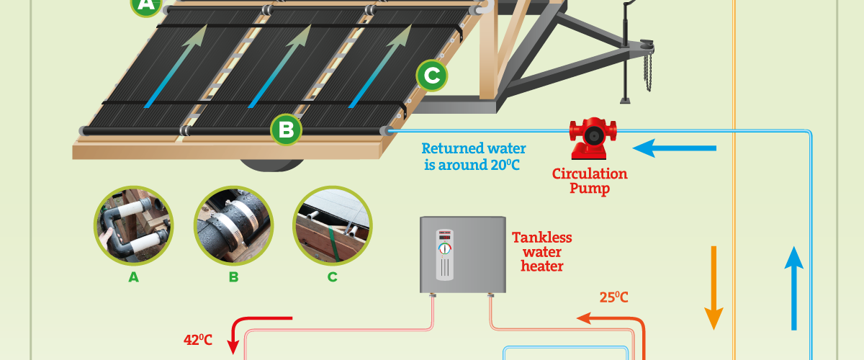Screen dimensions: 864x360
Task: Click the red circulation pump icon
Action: tap(593, 138)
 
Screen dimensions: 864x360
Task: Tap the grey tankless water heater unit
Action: tap(463, 255)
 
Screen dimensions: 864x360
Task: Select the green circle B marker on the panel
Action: tap(287, 130)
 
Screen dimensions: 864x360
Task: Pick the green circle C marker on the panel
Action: tap(432, 76)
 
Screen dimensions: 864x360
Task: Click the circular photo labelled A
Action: tap(133, 226)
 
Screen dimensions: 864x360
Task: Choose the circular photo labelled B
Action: tap(234, 226)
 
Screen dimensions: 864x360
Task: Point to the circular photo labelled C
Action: tap(333, 226)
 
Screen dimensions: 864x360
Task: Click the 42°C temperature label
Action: tap(198, 340)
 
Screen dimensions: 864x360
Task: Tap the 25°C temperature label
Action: tap(613, 297)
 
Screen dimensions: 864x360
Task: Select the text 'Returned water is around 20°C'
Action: tap(473, 157)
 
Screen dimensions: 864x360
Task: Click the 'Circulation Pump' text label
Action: tap(590, 181)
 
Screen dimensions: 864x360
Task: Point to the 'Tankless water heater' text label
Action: tap(542, 251)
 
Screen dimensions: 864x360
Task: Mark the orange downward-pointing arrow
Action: tap(714, 288)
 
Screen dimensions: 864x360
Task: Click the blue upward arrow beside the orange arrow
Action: tap(793, 288)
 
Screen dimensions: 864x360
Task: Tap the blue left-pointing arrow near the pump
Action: tap(674, 148)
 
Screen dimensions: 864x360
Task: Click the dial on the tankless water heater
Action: tap(445, 249)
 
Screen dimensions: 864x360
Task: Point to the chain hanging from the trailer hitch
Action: tap(648, 72)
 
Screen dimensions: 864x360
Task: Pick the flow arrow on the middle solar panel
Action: tap(279, 66)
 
